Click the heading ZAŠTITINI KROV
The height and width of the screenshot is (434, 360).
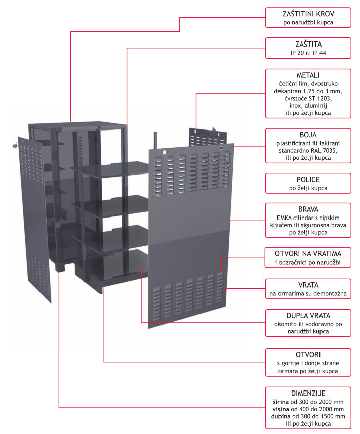[x=308, y=14]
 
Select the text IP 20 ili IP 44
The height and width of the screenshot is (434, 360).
[x=308, y=52]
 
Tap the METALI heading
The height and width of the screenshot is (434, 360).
[x=308, y=75]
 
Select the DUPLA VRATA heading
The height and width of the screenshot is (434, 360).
[x=308, y=315]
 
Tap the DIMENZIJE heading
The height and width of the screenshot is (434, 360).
[x=308, y=393]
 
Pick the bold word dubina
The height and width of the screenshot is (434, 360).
[x=283, y=416]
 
